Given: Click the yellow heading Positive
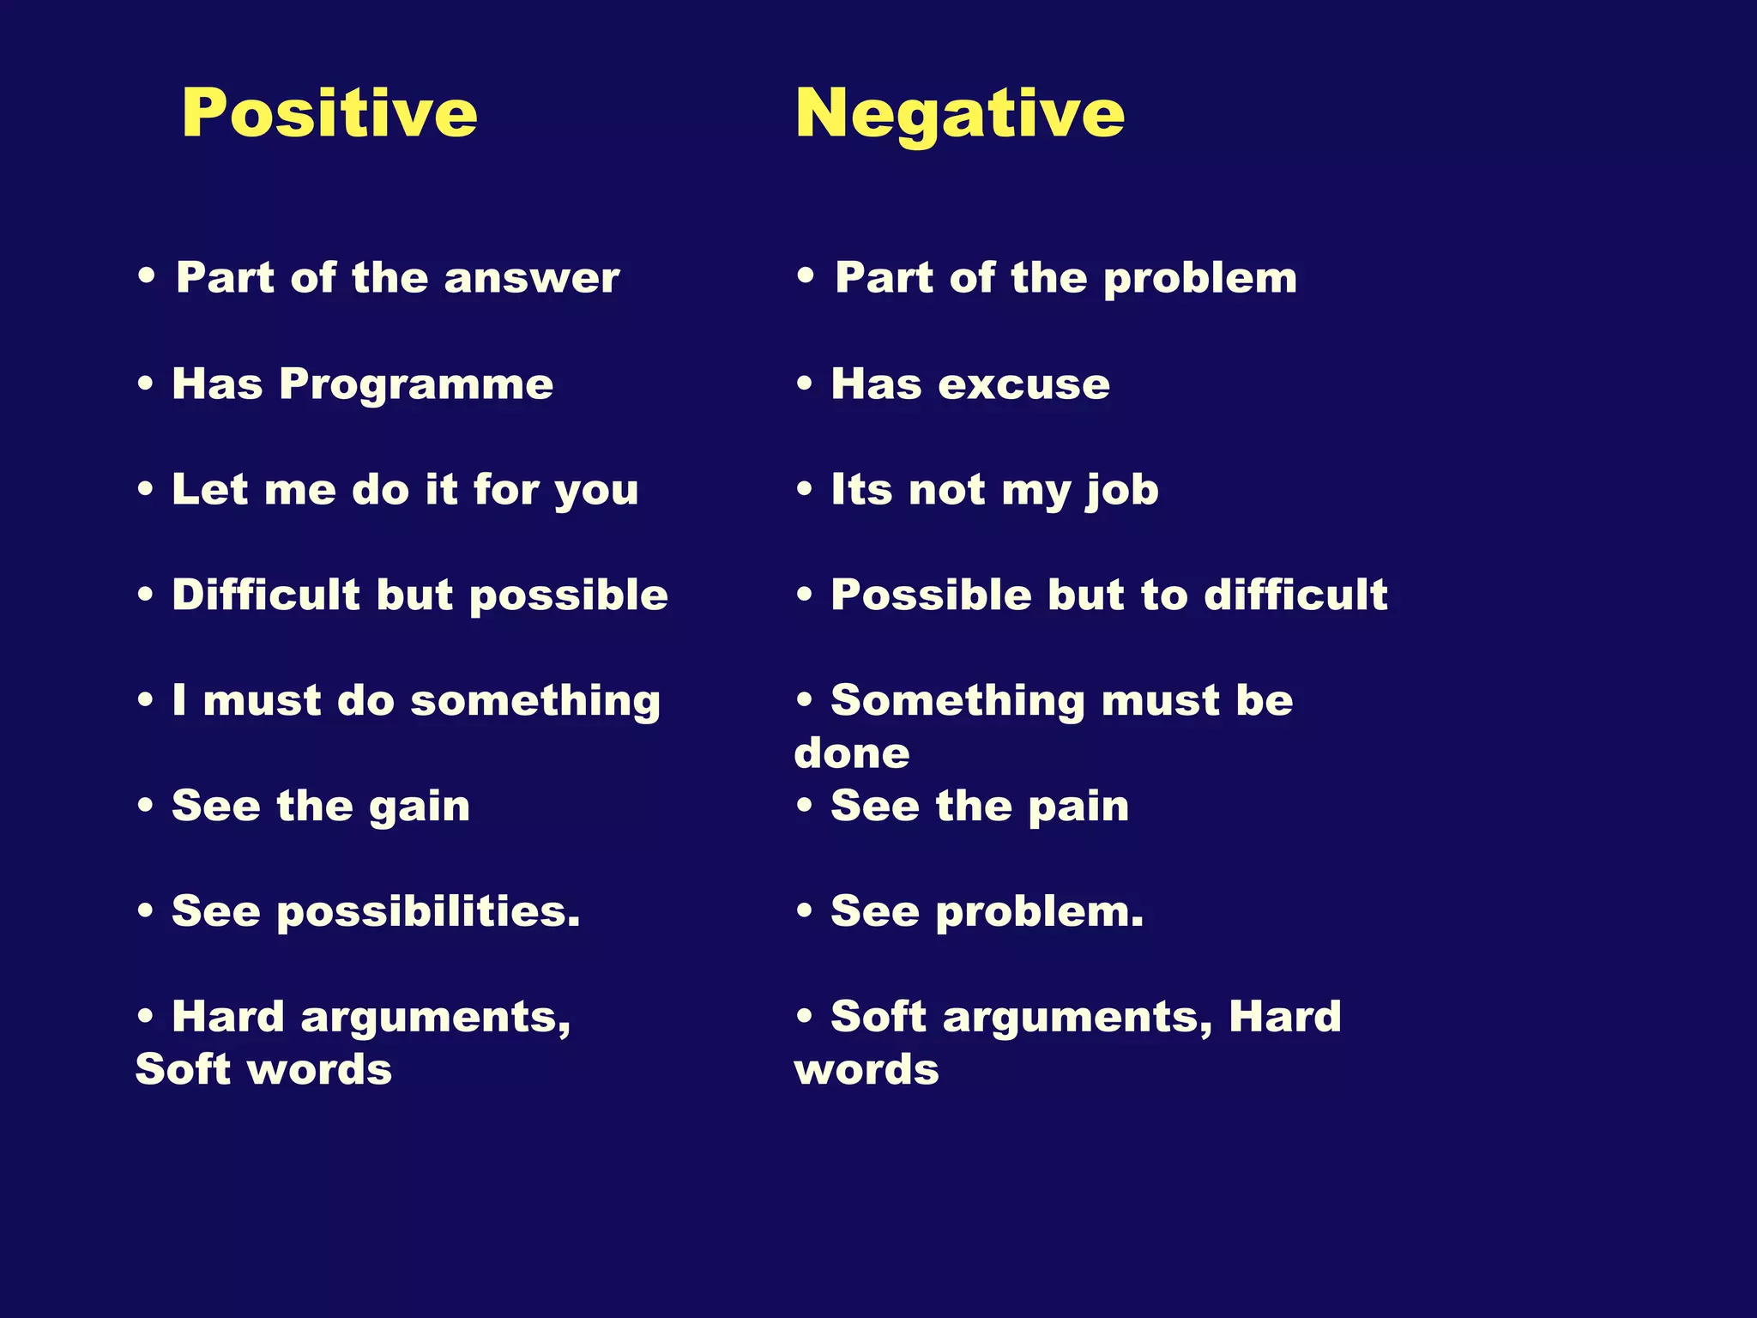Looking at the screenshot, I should [x=329, y=113].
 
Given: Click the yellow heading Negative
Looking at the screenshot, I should [x=959, y=113].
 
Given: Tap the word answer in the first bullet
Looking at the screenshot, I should [x=532, y=278].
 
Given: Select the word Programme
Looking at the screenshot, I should [x=416, y=384].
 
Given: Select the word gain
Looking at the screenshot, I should [x=420, y=807].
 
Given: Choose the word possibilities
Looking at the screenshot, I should [x=428, y=912].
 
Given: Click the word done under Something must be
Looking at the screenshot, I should [x=851, y=753].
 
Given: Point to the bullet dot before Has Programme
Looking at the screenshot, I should [x=146, y=384].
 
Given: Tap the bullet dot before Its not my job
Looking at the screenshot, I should [x=804, y=489].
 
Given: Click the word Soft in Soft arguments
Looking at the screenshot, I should [x=878, y=1017].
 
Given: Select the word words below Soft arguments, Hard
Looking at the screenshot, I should [x=866, y=1070].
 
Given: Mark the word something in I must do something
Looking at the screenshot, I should [x=535, y=701].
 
